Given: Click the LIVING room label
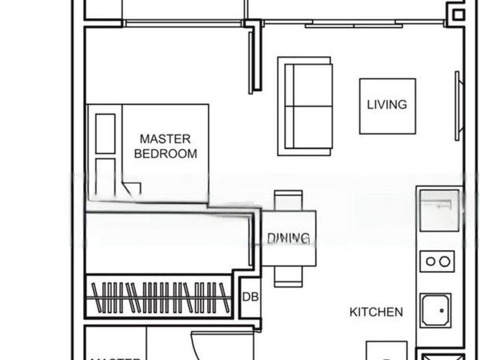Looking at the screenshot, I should click(387, 105).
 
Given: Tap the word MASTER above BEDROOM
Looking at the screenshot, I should click(165, 139).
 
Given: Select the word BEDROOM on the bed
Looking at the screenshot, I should click(165, 154).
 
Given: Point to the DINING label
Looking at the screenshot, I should click(289, 238).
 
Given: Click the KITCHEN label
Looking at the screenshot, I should click(376, 312).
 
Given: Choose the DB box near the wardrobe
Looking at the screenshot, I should click(250, 296).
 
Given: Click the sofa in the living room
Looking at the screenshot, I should click(304, 106).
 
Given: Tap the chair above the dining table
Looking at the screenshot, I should click(289, 201).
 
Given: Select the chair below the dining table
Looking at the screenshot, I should click(289, 276).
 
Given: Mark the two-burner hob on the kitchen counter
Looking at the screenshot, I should click(436, 262).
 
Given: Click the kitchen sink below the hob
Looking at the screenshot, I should click(435, 310).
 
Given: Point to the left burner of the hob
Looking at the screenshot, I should click(430, 262).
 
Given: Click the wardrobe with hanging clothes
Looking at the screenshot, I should click(159, 297).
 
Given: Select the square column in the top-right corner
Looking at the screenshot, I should click(457, 13).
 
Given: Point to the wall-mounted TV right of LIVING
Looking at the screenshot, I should click(457, 106).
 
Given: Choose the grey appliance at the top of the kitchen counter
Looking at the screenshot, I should click(439, 210).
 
